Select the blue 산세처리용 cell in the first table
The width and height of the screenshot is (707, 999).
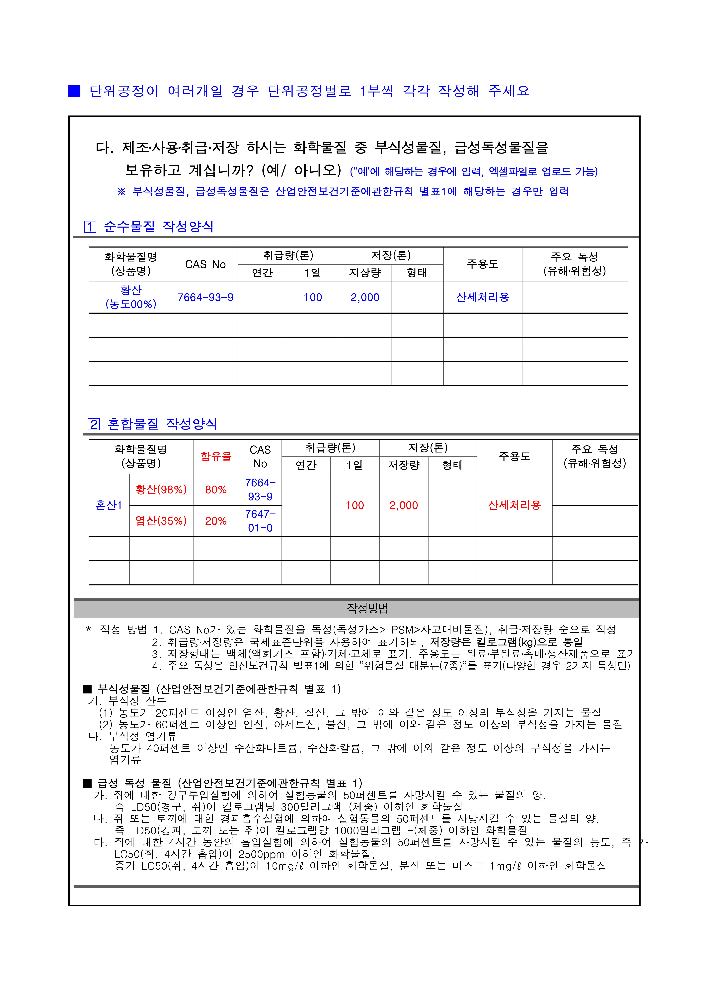[x=482, y=297]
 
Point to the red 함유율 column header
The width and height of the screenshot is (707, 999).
[x=216, y=456]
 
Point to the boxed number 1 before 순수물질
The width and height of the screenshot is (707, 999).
[x=90, y=227]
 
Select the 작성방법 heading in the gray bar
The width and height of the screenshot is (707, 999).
[x=367, y=608]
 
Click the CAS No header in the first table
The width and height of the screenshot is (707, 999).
[x=205, y=265]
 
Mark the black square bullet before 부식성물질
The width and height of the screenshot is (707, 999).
[x=88, y=689]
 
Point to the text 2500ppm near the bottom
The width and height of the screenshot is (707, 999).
[x=261, y=854]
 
